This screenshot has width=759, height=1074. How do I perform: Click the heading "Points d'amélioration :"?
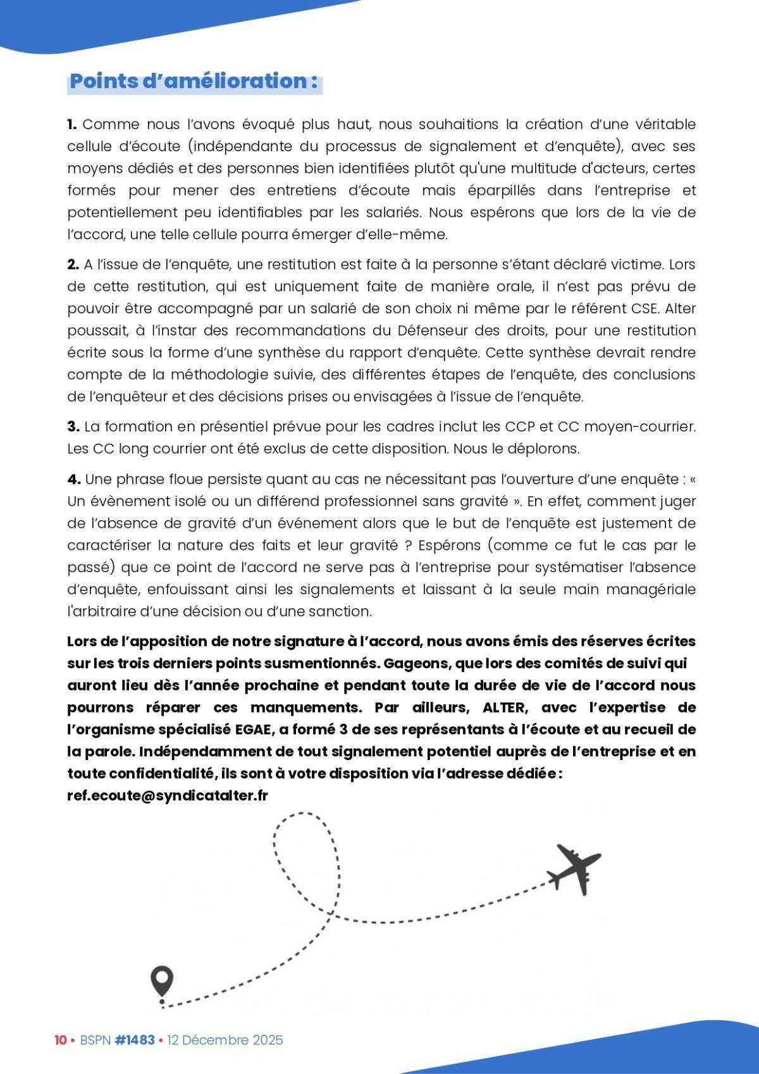194,82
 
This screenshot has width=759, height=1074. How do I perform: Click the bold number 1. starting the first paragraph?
72,124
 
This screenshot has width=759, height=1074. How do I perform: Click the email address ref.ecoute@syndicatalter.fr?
168,796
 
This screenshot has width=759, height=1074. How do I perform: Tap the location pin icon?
162,982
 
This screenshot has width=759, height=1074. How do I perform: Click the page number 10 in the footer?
61,1040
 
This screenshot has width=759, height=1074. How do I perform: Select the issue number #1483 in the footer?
135,1040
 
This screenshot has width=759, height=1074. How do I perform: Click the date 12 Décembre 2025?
225,1040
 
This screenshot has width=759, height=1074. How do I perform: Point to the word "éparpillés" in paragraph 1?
503,190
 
